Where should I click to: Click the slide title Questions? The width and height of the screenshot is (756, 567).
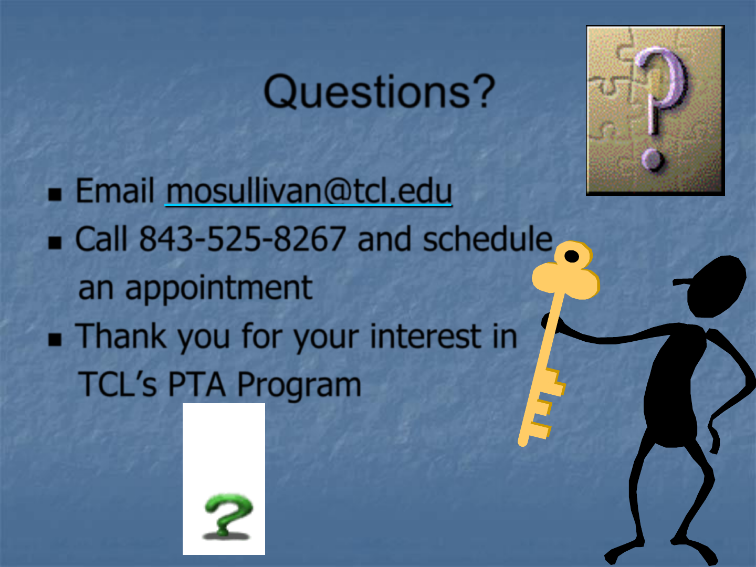pos(379,91)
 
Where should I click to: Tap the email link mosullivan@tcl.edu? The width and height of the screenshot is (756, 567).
pos(309,191)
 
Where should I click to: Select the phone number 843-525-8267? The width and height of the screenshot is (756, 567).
pos(243,238)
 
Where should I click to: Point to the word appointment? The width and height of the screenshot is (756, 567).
pos(196,289)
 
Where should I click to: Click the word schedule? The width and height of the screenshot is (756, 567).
pos(488,238)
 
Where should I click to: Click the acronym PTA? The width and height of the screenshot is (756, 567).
pos(197,384)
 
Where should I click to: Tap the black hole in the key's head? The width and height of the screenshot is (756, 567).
pos(572,257)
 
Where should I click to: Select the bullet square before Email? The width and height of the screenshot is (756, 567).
pos(55,194)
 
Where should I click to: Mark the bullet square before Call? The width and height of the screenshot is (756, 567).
pos(55,243)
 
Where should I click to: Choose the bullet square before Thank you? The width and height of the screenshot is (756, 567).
pos(55,340)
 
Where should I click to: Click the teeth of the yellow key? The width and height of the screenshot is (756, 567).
pos(546,403)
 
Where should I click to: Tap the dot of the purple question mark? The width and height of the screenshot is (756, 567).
pos(652,160)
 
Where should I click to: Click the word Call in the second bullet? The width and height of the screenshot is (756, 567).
pos(101,238)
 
